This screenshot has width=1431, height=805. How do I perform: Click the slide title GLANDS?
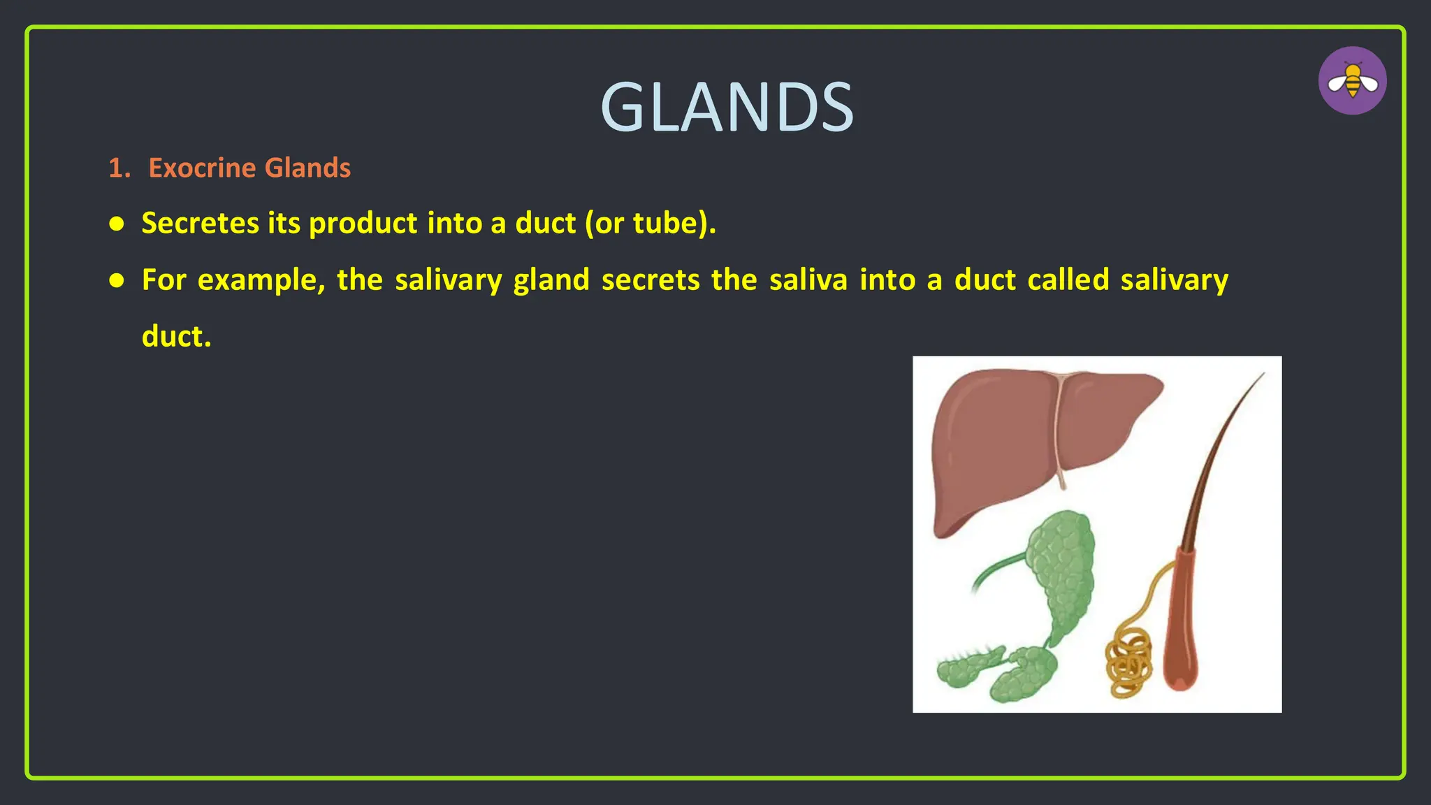tap(727, 108)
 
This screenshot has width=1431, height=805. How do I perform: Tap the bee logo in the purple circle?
tap(1352, 81)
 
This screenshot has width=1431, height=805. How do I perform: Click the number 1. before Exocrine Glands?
tap(119, 168)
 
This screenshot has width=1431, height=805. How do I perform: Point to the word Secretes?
tap(201, 224)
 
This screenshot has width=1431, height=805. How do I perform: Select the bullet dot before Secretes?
tap(117, 224)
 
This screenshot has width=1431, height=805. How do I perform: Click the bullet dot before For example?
tap(117, 281)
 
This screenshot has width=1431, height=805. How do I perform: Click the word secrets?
tap(650, 281)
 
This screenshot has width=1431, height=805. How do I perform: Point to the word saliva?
tap(808, 281)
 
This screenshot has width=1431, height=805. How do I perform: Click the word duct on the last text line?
tap(175, 337)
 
